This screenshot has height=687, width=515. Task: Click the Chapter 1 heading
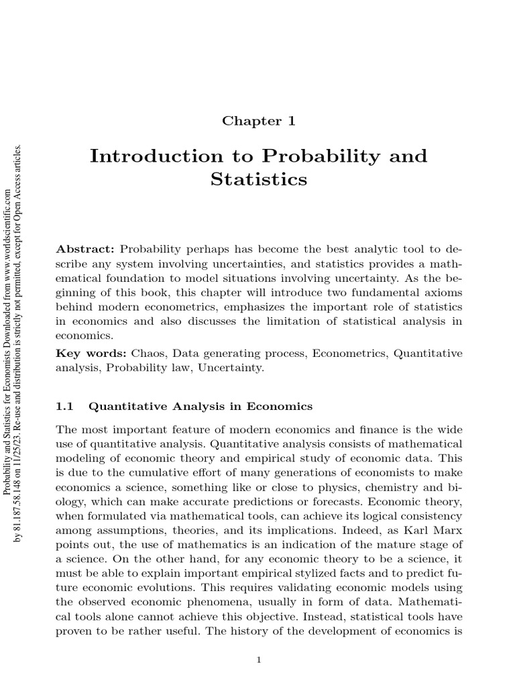(258, 121)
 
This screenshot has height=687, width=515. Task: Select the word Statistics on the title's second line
(258, 180)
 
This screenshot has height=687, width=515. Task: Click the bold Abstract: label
(86, 248)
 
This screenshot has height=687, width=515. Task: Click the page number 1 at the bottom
(258, 660)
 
